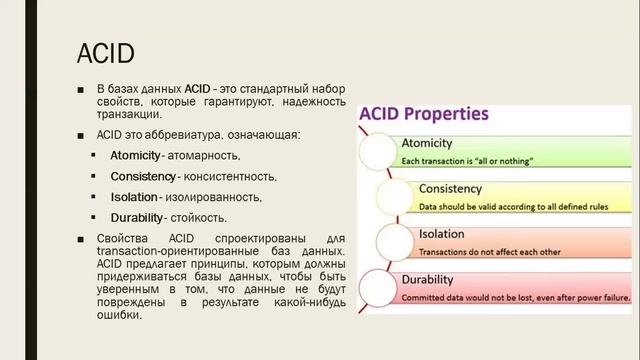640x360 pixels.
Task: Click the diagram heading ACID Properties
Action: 424,113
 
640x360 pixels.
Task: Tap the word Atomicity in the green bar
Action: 427,143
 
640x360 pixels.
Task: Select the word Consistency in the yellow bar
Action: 451,189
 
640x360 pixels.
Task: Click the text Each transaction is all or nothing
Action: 467,160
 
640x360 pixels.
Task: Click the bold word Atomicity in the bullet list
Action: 135,156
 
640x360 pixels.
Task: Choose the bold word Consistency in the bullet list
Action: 142,177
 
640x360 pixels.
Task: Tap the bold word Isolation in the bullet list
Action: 133,197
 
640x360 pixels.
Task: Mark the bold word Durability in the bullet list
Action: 136,217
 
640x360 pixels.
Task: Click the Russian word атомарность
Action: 204,156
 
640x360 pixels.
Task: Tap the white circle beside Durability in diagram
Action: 376,286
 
